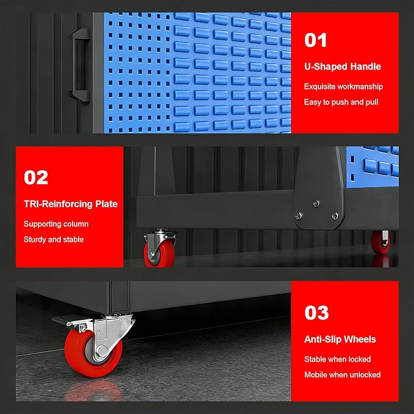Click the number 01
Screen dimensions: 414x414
pos(315,40)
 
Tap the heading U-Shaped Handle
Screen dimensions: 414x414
pos(343,66)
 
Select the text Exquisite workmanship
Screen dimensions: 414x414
pos(343,87)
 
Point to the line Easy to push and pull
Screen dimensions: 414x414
pos(341,102)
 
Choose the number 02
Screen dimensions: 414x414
pos(36,177)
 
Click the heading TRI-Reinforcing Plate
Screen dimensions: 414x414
pos(71,204)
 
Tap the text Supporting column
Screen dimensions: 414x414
pos(56,224)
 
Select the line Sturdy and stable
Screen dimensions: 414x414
pos(54,240)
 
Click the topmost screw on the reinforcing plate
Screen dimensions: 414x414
pos(316,204)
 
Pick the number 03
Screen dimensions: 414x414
pos(316,313)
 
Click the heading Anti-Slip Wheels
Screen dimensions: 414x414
pos(340,339)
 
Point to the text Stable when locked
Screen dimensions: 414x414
pos(337,359)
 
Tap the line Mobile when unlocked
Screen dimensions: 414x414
pos(343,375)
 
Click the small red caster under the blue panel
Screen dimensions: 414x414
pos(380,241)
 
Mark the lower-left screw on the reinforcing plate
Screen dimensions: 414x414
pos(299,216)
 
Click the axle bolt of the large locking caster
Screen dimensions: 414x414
pos(102,351)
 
